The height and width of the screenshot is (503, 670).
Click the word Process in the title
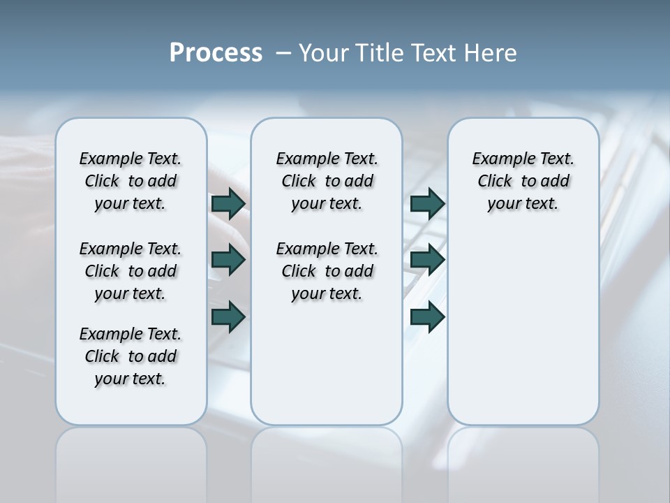(216, 53)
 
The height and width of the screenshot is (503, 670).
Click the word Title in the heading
(380, 53)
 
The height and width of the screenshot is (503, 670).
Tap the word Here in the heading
(492, 53)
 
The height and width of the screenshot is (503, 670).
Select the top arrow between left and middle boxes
(228, 203)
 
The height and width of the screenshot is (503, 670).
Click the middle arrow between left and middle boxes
(228, 260)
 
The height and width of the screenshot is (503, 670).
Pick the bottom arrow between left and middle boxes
(228, 316)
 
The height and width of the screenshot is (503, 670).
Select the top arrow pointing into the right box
(427, 203)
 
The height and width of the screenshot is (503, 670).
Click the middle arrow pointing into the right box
(427, 260)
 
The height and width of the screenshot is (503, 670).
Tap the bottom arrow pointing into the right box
(427, 316)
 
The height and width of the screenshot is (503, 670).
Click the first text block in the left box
(131, 181)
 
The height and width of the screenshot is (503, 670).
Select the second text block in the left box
(131, 271)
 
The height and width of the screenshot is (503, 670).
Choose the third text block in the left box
(131, 356)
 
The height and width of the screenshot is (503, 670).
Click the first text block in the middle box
(327, 181)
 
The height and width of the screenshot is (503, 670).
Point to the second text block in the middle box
(327, 271)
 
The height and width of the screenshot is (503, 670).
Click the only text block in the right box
(523, 181)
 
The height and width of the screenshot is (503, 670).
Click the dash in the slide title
(283, 53)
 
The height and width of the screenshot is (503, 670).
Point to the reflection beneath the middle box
(327, 461)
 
